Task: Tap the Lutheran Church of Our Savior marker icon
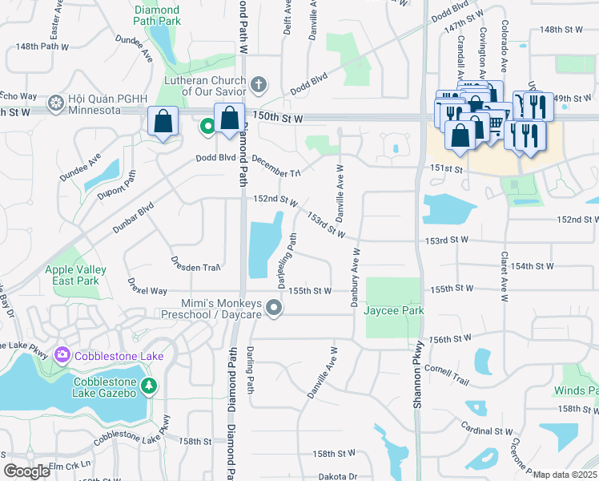pos(259,84)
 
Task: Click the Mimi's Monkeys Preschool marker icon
pos(275,308)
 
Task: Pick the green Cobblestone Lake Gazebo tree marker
pos(148,386)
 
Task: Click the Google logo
pos(26,471)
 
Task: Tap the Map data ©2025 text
pos(565,475)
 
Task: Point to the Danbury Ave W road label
pos(352,277)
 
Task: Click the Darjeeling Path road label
pos(287,261)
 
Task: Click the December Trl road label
pos(275,168)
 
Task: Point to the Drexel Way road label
pos(147,287)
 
